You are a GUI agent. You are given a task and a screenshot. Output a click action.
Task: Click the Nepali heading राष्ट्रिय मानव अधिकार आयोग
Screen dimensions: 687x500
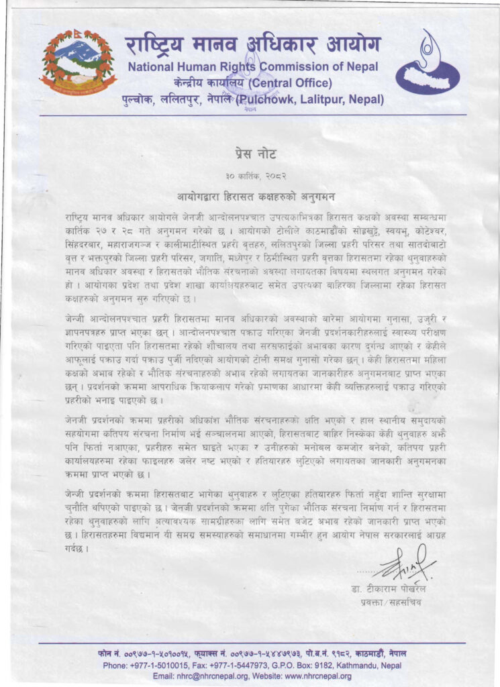point(252,45)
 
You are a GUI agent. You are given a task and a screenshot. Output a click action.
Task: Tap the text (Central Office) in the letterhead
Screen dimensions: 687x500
point(290,83)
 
